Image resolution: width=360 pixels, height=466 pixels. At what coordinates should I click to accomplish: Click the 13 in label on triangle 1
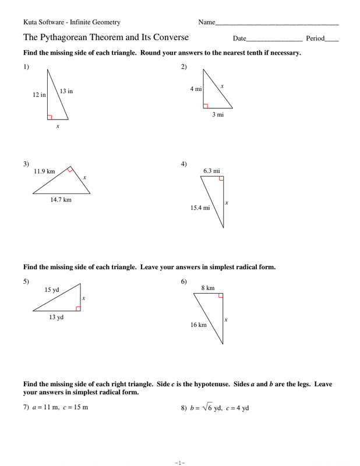[66, 91]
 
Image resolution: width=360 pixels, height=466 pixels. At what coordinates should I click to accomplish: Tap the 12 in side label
[39, 94]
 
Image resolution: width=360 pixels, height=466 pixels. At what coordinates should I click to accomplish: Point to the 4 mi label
[196, 89]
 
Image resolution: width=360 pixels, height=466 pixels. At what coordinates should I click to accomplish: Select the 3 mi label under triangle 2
[217, 115]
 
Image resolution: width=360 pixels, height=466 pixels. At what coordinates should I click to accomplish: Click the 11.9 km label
[44, 171]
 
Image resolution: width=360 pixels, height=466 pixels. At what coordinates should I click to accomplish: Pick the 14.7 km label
[61, 200]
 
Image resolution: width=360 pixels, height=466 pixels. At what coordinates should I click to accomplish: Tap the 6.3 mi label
[211, 171]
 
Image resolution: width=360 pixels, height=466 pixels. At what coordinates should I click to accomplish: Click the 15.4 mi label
[200, 207]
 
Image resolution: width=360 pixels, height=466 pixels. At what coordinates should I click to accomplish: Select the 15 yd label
[52, 289]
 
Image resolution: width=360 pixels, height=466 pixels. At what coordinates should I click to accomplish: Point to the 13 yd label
[56, 317]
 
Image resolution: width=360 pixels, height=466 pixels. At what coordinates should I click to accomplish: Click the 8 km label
[208, 288]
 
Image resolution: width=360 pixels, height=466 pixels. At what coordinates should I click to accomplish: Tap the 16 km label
[199, 325]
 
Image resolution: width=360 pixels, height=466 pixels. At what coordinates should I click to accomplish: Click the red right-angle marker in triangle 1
[50, 116]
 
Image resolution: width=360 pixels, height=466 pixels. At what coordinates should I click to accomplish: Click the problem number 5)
[26, 283]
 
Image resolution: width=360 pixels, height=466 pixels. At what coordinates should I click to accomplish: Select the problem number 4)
[184, 164]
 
